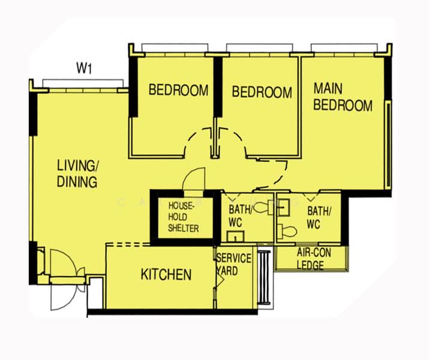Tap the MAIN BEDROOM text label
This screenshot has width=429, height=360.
[x=342, y=97]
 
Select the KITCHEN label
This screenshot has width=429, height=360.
[x=166, y=275]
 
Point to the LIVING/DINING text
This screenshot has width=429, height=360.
[x=77, y=173]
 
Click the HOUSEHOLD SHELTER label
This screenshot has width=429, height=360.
[x=182, y=217]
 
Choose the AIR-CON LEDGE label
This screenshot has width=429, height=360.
[x=311, y=259]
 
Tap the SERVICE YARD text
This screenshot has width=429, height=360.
[x=233, y=264]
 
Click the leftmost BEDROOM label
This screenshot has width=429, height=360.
[x=178, y=91]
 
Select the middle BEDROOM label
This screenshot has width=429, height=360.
[x=262, y=92]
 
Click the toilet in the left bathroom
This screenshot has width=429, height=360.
[x=262, y=208]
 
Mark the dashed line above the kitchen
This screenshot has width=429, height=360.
[x=129, y=244]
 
